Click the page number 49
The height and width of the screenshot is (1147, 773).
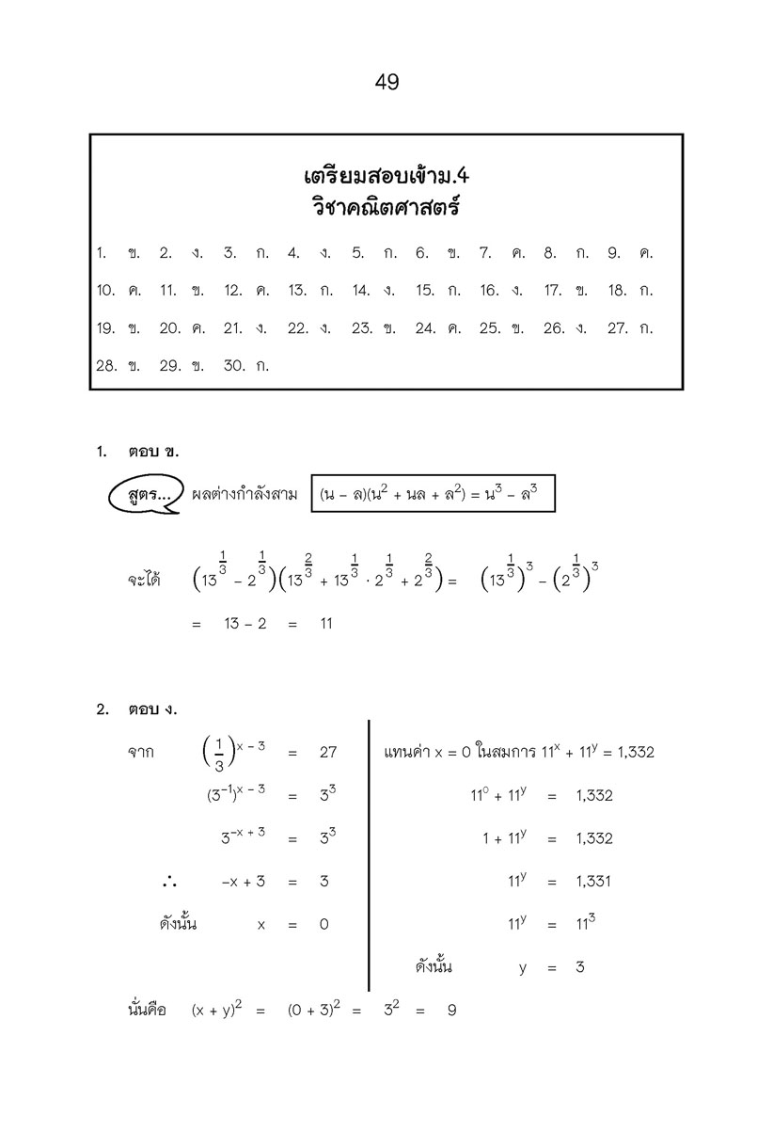(386, 83)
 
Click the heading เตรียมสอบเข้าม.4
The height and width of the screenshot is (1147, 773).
(386, 176)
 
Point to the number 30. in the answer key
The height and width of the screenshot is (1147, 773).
(234, 366)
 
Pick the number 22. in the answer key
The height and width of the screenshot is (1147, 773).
(298, 328)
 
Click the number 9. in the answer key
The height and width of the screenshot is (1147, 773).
(613, 253)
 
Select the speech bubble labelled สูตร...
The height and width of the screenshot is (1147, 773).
(143, 494)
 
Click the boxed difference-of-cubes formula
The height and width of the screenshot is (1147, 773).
(434, 494)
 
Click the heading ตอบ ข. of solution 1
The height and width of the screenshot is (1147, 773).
(152, 452)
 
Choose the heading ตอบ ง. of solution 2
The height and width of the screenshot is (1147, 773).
(152, 709)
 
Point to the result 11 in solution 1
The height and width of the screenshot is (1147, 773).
(326, 624)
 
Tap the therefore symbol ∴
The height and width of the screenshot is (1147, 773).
(169, 882)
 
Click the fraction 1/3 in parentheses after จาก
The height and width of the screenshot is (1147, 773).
(218, 753)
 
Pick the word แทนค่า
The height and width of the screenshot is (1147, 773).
(407, 753)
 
